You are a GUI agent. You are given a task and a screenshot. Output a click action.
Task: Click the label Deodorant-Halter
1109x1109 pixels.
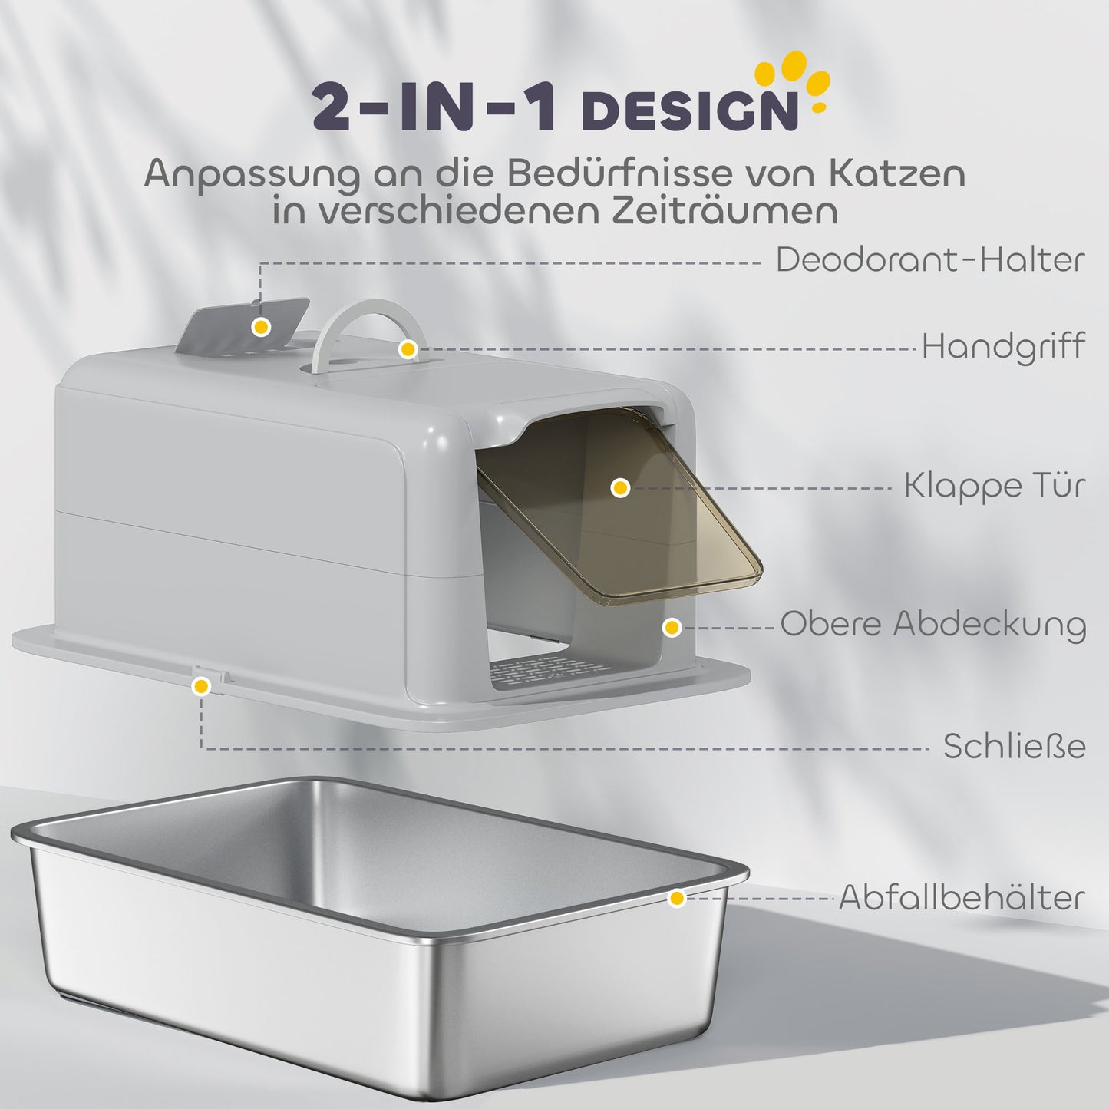tap(929, 260)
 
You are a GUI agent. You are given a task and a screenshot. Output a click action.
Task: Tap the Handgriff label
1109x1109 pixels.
tap(1003, 346)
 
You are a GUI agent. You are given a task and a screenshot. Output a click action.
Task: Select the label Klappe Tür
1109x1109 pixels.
tap(994, 486)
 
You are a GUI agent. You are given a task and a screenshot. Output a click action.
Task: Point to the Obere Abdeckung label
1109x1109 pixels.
tap(932, 624)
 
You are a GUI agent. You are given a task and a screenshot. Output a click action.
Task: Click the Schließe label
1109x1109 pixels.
tap(1014, 746)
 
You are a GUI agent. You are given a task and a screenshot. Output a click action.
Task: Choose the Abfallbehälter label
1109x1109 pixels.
tap(962, 897)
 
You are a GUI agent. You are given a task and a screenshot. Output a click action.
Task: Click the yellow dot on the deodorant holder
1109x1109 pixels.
tap(261, 327)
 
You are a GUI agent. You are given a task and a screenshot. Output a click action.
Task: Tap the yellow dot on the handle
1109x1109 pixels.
tap(408, 349)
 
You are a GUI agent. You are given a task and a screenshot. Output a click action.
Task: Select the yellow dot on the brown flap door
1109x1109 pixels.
tap(620, 487)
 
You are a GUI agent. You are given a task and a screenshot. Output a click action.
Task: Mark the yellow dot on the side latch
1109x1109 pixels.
tap(201, 686)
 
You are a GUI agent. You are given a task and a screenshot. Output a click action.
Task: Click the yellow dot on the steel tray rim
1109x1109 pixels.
tap(676, 898)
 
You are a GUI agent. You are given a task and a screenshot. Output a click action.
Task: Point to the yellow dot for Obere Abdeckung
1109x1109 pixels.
tap(672, 628)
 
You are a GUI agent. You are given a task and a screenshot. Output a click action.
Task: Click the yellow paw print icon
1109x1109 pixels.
tap(794, 80)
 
